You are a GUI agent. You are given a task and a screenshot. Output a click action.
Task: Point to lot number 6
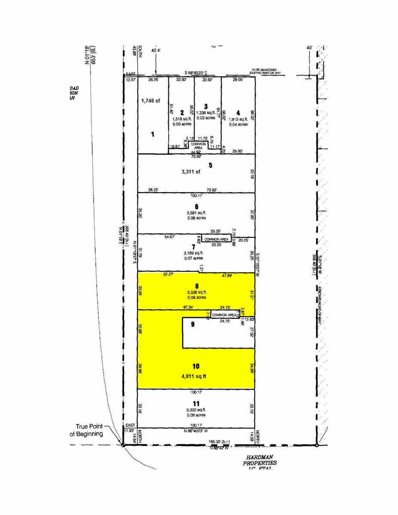tap(196, 206)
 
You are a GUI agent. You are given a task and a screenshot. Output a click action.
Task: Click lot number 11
tap(196, 403)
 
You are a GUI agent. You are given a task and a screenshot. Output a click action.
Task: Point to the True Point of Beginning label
tap(89, 430)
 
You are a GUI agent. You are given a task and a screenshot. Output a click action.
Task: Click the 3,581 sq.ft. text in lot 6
tap(196, 212)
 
